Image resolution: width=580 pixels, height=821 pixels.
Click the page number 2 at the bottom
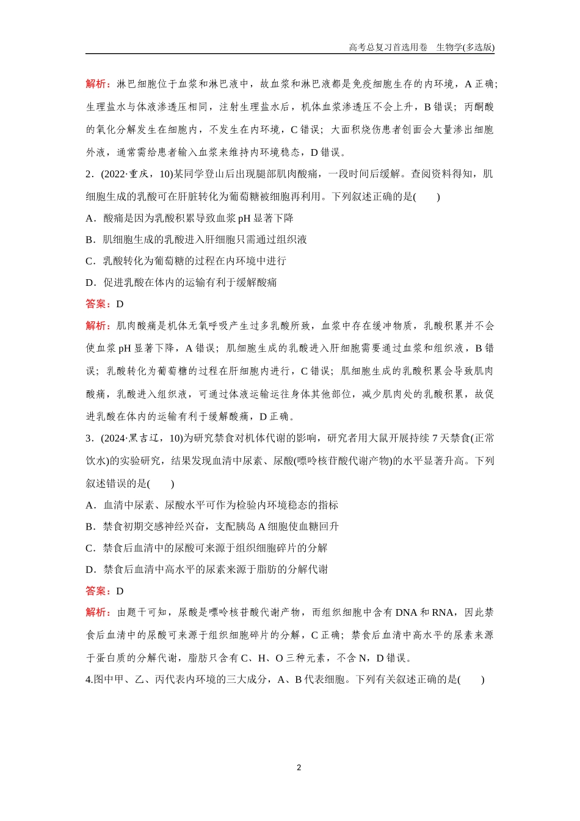(x=299, y=768)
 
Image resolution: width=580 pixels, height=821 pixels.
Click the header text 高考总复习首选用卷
(x=388, y=47)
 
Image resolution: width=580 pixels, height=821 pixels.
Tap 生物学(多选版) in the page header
(x=465, y=47)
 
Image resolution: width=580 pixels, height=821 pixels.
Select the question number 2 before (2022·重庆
(x=89, y=174)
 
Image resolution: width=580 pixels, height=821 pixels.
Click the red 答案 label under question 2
(x=98, y=304)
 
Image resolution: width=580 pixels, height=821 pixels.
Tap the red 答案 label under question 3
(x=98, y=591)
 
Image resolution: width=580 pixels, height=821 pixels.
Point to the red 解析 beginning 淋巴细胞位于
(x=98, y=84)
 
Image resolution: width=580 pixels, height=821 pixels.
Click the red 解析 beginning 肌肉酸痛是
(x=98, y=326)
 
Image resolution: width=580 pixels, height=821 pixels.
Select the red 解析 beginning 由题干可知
(x=98, y=613)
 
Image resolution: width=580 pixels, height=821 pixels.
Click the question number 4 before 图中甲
(x=89, y=679)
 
